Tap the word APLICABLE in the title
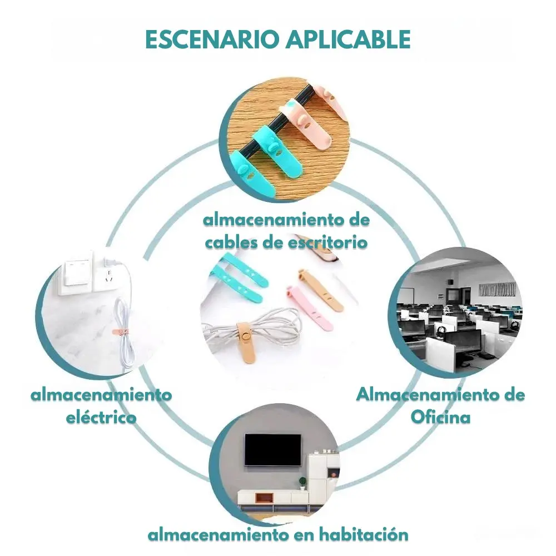[x=349, y=39]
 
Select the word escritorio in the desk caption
[x=327, y=242]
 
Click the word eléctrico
[x=101, y=417]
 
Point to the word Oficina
[x=441, y=417]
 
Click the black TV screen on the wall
[x=272, y=450]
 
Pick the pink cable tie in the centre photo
[x=309, y=305]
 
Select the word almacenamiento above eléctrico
[x=101, y=395]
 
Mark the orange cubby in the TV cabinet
[x=265, y=498]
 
